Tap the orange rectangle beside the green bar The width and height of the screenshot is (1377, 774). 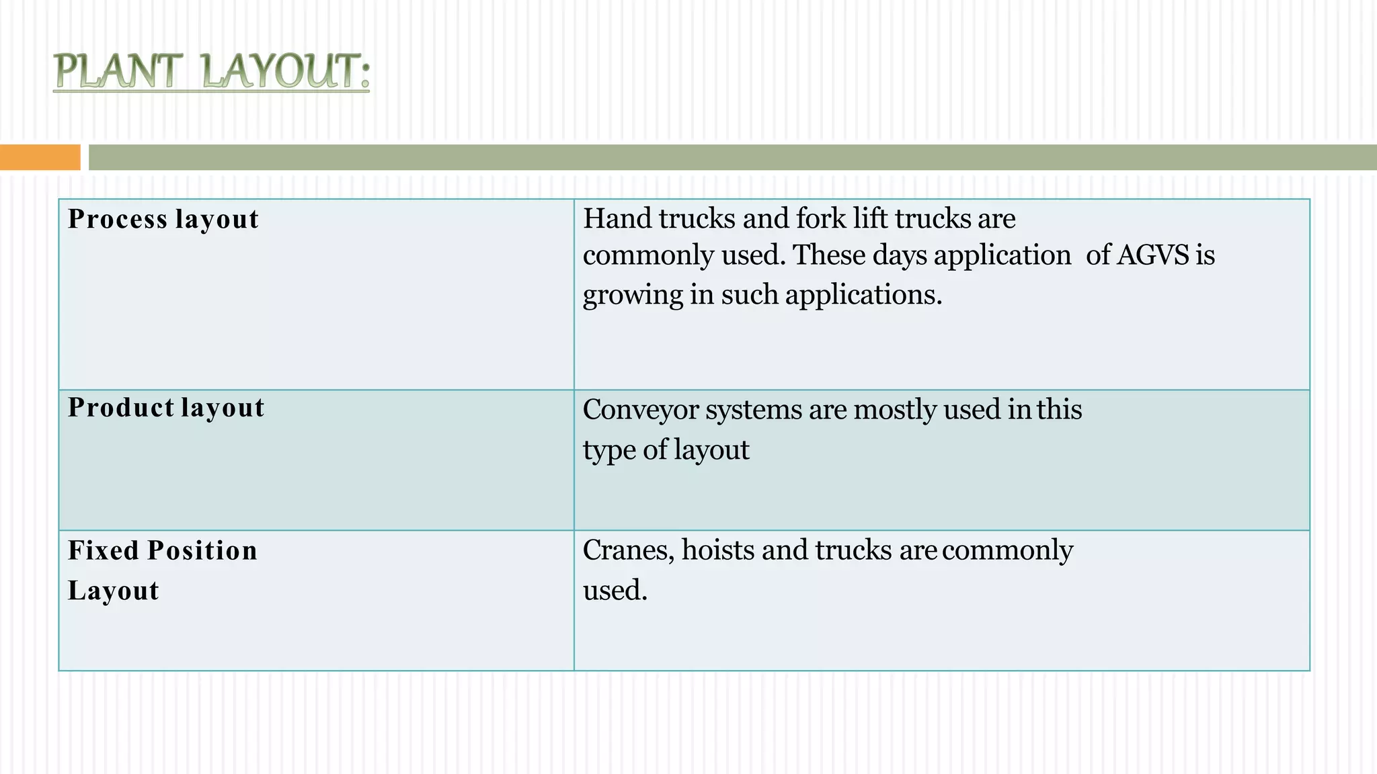(40, 157)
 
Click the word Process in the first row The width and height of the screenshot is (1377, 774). (118, 220)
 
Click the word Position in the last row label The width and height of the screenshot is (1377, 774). (202, 550)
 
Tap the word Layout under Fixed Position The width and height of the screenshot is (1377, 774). (114, 591)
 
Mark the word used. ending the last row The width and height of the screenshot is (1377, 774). (615, 591)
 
